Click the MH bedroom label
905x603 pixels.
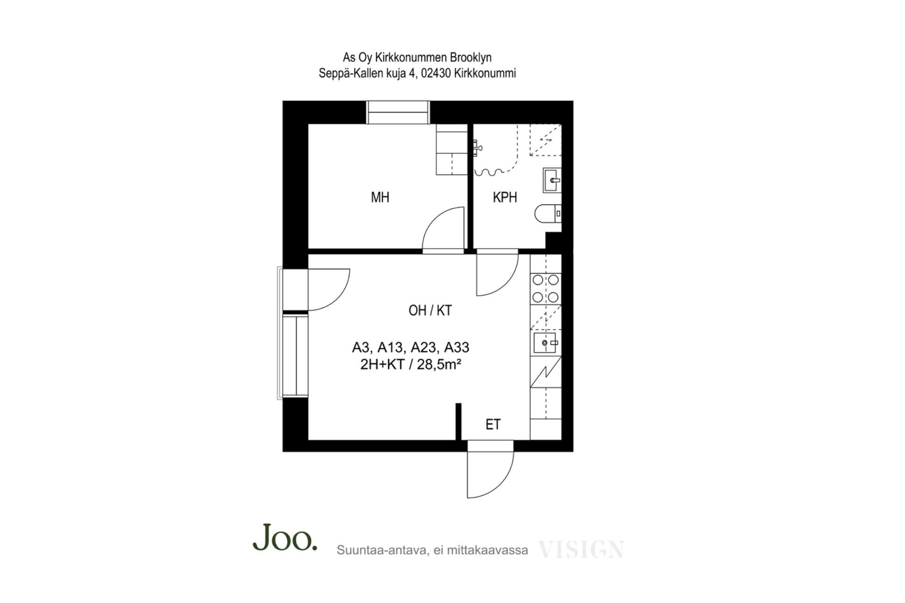(380, 197)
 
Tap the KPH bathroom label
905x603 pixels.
(505, 197)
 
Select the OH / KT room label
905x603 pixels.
(430, 310)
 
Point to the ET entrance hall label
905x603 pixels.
(493, 424)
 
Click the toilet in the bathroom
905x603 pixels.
(548, 213)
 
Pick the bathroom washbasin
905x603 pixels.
(552, 180)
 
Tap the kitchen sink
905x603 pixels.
(545, 342)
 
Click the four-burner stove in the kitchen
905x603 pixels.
(545, 289)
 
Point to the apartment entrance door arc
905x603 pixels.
(501, 485)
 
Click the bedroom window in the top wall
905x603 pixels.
(398, 112)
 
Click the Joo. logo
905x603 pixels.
(285, 538)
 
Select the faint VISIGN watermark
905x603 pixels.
(581, 549)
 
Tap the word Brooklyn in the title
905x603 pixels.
(470, 57)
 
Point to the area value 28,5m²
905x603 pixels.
(438, 364)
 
